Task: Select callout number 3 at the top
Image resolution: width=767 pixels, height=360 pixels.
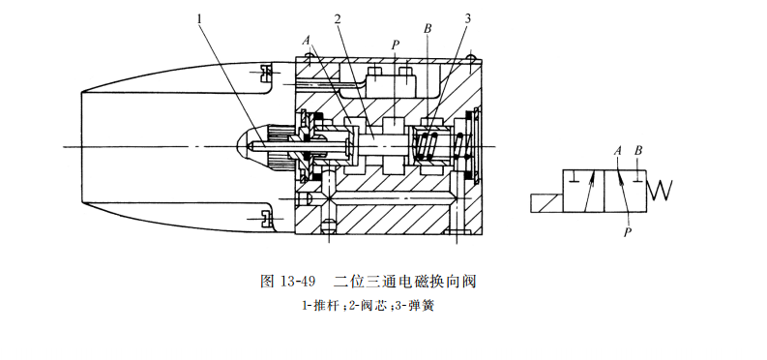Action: (x=468, y=18)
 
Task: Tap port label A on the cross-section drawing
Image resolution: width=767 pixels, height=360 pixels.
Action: (x=306, y=42)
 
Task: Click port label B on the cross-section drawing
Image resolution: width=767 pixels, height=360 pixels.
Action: (x=427, y=30)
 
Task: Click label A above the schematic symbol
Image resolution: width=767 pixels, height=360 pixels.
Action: (x=618, y=151)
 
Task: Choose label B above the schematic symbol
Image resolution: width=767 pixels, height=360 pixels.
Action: (x=637, y=151)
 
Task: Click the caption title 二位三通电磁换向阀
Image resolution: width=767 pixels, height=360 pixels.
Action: (x=406, y=283)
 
